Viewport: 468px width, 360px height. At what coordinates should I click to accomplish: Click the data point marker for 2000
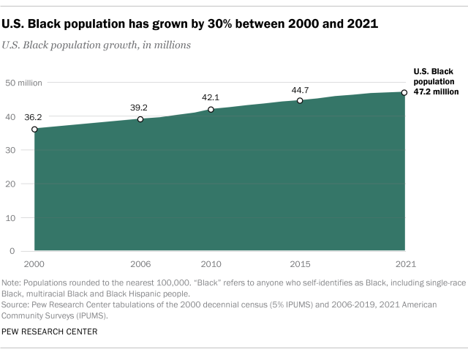tap(34, 129)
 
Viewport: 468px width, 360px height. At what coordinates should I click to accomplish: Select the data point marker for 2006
tap(140, 119)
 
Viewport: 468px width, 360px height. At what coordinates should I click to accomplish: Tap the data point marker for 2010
tap(211, 110)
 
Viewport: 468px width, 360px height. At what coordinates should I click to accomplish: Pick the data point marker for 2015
tap(300, 100)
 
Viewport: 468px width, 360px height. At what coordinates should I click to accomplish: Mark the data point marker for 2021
tap(405, 92)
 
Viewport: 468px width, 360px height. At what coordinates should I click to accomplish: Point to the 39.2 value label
tap(140, 105)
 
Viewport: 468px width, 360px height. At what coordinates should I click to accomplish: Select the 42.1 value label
tap(211, 96)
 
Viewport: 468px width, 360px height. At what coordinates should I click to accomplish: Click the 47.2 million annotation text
tap(436, 93)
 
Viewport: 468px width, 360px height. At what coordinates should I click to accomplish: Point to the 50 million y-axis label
tap(23, 82)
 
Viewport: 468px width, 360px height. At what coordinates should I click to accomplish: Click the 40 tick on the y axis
tap(10, 116)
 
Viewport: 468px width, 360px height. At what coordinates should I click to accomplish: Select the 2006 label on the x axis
tap(140, 263)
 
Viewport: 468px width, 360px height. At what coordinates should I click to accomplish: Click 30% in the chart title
tap(234, 24)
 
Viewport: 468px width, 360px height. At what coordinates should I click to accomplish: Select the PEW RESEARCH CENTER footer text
tap(50, 331)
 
